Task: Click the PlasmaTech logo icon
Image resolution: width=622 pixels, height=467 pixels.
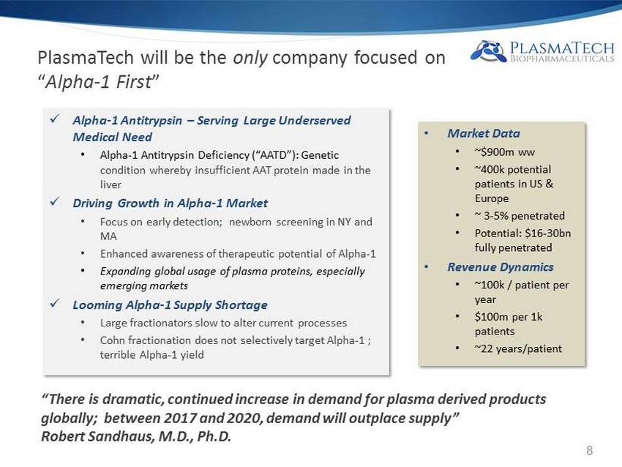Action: tap(488, 51)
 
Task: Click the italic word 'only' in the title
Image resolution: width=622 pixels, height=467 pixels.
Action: tap(250, 59)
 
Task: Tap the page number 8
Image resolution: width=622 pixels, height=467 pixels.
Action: tap(589, 450)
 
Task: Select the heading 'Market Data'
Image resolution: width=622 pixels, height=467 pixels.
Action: tap(484, 133)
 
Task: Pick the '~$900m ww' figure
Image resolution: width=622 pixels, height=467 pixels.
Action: tap(505, 152)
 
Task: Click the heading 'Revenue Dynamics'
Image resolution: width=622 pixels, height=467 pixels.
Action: tap(501, 267)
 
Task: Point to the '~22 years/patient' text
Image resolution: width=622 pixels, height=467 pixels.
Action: tap(518, 348)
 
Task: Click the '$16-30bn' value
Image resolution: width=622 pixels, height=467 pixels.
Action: tap(548, 233)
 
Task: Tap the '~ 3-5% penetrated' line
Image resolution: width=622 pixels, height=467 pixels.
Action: tap(520, 216)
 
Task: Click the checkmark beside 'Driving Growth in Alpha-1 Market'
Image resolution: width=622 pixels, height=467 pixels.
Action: tap(55, 201)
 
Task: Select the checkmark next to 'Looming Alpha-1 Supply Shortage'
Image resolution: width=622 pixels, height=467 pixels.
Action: tap(55, 304)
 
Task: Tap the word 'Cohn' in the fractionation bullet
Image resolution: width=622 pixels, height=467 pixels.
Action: tap(112, 340)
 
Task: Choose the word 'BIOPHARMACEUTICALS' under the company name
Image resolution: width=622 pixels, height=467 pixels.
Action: tap(562, 59)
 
